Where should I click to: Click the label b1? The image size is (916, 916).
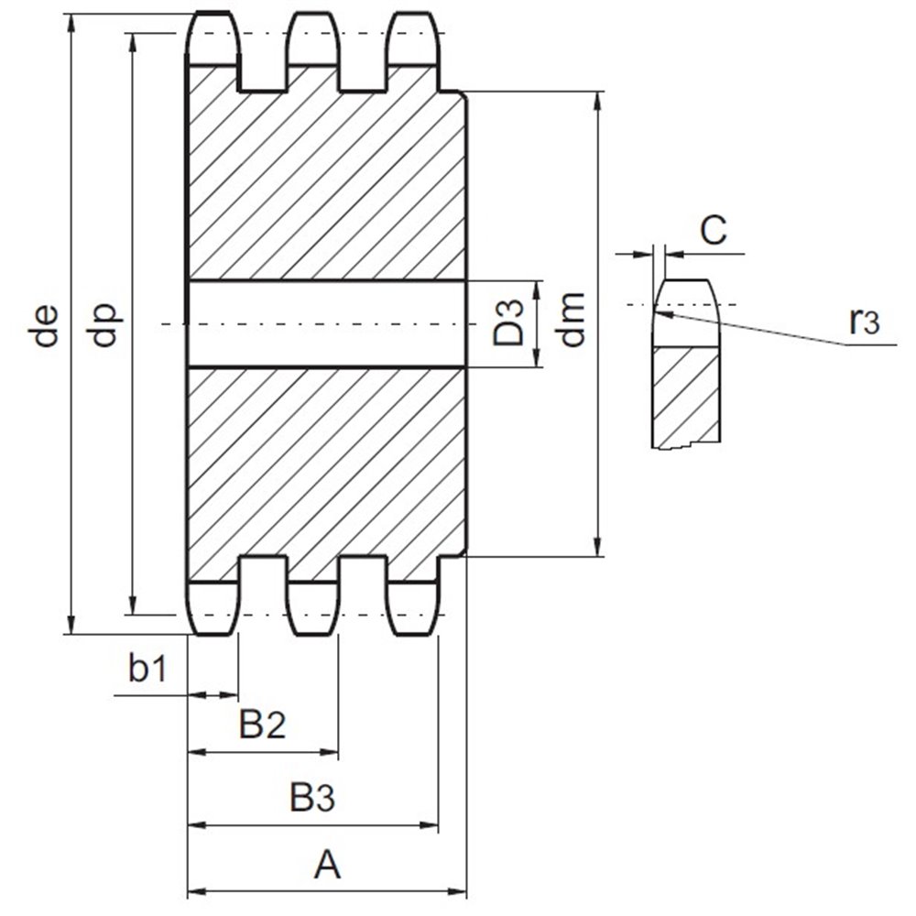click(147, 670)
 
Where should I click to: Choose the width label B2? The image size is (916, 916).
click(264, 726)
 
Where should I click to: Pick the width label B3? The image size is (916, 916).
click(313, 798)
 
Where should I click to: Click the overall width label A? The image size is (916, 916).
click(327, 864)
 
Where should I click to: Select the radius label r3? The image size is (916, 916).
click(863, 322)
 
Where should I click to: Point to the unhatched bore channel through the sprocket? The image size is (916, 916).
click(325, 323)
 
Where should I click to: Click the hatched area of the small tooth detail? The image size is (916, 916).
click(686, 394)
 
